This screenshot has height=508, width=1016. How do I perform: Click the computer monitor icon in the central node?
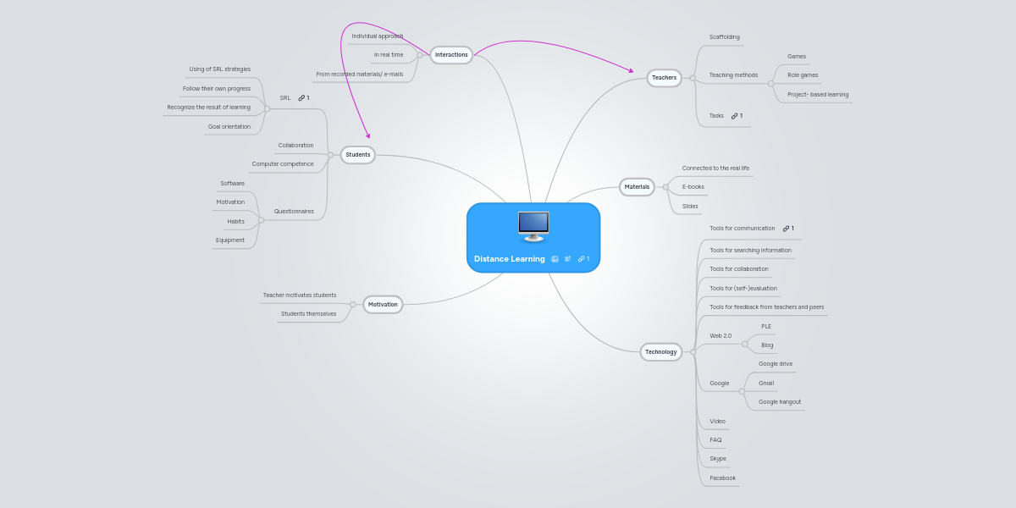click(533, 226)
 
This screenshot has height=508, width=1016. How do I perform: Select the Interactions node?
click(451, 55)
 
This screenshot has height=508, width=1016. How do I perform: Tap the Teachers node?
click(664, 78)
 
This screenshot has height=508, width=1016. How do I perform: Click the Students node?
click(358, 155)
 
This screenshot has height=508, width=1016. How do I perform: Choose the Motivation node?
click(383, 304)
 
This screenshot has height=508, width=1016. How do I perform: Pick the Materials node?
click(637, 186)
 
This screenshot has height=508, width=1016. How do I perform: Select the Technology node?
click(660, 351)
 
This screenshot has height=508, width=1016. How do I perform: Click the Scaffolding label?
click(724, 37)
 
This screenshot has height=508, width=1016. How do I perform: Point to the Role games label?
click(803, 75)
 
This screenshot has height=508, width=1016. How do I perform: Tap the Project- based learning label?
click(817, 95)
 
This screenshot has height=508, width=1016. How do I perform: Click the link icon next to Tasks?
click(734, 115)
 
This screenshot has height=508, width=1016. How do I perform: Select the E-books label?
click(693, 186)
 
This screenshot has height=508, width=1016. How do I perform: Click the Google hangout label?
click(779, 402)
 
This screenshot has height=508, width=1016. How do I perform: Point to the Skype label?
click(718, 459)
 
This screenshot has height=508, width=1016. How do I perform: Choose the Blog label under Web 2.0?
click(767, 345)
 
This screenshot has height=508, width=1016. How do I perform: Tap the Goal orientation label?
click(229, 127)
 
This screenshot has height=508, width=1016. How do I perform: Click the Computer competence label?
click(283, 164)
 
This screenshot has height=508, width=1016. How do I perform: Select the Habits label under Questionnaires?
click(235, 222)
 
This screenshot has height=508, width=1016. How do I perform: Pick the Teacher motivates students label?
click(300, 295)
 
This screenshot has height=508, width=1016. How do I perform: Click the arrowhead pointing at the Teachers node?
click(630, 70)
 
